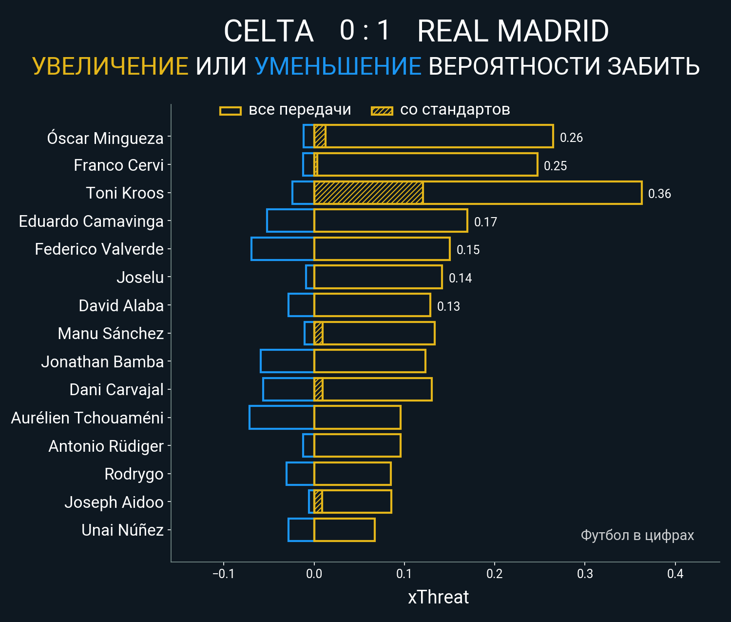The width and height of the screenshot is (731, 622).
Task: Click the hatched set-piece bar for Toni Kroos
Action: click(368, 193)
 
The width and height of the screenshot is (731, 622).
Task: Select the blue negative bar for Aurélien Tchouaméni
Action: click(281, 418)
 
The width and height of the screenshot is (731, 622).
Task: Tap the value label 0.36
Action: click(659, 194)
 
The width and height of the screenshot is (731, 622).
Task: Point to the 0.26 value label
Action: click(571, 138)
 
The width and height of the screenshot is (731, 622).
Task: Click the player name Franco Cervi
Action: click(118, 165)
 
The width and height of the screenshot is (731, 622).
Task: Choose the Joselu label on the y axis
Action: click(140, 278)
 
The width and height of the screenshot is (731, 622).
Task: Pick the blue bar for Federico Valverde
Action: click(283, 249)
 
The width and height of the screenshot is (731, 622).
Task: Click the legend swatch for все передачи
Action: click(231, 111)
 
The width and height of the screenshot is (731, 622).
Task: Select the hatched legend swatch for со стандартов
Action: click(382, 111)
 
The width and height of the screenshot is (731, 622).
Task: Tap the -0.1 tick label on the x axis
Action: click(223, 574)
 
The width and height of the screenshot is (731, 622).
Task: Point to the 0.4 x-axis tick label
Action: click(675, 574)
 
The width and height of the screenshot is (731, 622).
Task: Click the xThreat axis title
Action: click(438, 597)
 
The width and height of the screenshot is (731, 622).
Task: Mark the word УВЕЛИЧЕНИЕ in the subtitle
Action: click(110, 66)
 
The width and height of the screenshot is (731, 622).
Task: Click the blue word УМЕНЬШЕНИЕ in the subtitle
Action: click(338, 66)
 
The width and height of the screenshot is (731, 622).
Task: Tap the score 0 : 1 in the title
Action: click(365, 31)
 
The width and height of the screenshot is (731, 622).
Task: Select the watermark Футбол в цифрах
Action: click(637, 535)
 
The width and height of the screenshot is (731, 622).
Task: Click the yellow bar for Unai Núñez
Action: click(344, 530)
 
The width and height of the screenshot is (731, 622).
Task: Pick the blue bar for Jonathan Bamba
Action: click(287, 361)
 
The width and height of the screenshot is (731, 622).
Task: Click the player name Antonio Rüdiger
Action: click(106, 446)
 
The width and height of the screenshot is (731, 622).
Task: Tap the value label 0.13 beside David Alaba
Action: click(448, 306)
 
